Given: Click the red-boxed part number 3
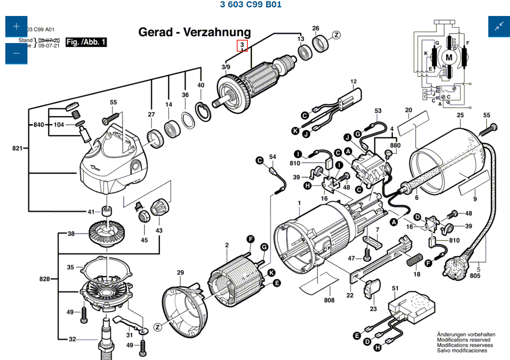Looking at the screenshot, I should pyautogui.click(x=242, y=45).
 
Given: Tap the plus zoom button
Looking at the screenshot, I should pyautogui.click(x=16, y=27).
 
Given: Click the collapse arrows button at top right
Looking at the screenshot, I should pyautogui.click(x=499, y=27).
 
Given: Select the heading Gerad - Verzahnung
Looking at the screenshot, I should pyautogui.click(x=195, y=32).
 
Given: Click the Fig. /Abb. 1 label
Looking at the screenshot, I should pyautogui.click(x=86, y=42).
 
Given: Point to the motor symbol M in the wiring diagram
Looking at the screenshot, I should pyautogui.click(x=449, y=57).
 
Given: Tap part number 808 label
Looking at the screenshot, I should pyautogui.click(x=329, y=300).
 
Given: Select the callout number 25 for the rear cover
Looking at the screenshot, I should pyautogui.click(x=460, y=115).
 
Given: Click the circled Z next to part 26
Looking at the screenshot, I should pyautogui.click(x=336, y=35).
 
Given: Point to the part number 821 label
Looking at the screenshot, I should pyautogui.click(x=18, y=148).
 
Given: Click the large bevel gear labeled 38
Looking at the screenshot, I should pyautogui.click(x=107, y=234).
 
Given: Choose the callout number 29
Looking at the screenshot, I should pyautogui.click(x=181, y=273).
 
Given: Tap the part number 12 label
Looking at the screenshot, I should pyautogui.click(x=354, y=82).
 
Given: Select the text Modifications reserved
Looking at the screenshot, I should pyautogui.click(x=463, y=340).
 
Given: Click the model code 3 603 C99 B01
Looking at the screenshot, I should pyautogui.click(x=251, y=5).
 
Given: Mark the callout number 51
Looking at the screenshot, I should pyautogui.click(x=395, y=289).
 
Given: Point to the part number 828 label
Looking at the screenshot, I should pyautogui.click(x=44, y=279).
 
